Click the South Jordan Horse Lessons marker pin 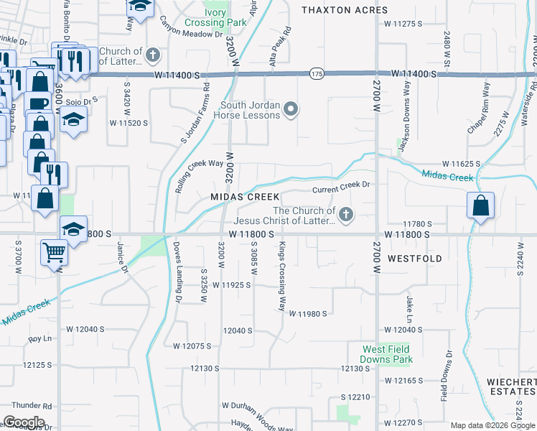coord(291,109)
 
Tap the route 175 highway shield coord(317,73)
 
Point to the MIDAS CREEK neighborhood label coord(245,197)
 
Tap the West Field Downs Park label coord(387,354)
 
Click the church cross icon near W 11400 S coord(153,55)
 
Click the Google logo coord(23,422)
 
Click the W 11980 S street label coord(308,314)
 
